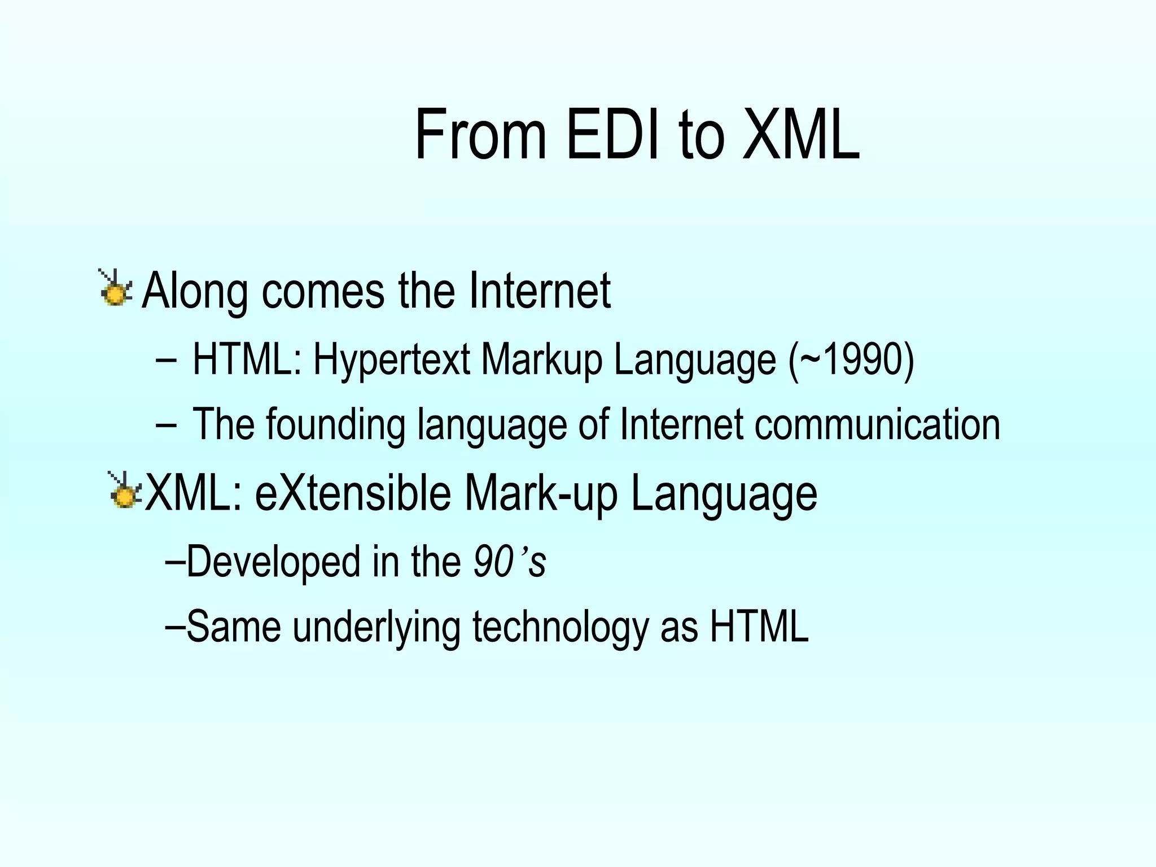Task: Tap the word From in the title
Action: tap(481, 135)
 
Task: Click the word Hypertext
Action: tap(392, 360)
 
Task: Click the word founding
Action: tap(336, 426)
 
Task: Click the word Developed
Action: tap(273, 562)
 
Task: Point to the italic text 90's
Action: tap(510, 562)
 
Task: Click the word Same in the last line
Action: tap(234, 627)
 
